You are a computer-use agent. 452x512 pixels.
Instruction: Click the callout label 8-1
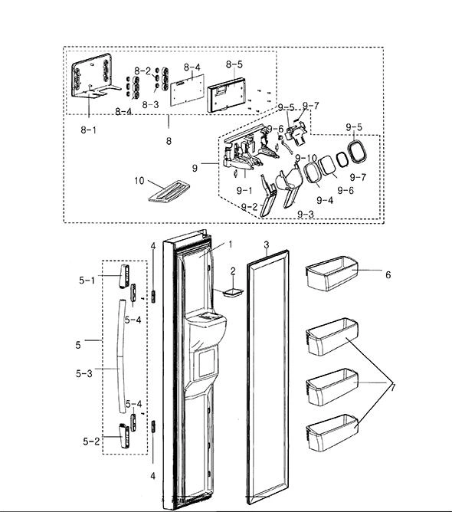88,130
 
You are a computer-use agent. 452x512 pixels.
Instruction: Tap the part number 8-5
234,64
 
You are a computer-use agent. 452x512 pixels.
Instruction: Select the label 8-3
150,104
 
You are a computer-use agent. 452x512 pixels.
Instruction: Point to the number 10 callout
139,181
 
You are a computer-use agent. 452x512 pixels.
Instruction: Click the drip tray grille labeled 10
169,192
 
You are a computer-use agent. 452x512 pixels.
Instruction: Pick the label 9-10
306,159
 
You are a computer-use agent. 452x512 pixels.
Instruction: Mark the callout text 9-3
306,214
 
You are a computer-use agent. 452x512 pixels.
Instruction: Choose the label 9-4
325,200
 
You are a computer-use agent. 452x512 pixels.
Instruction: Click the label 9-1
244,190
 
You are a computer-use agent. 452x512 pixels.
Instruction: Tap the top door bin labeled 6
332,274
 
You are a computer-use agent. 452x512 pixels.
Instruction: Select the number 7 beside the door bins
393,388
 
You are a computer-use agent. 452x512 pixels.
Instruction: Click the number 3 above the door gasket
267,245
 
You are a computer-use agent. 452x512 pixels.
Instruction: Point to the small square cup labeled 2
233,292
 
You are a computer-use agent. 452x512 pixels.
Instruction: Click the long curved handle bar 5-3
121,356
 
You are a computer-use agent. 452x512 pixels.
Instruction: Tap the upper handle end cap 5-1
124,276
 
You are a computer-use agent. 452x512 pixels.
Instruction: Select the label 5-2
91,441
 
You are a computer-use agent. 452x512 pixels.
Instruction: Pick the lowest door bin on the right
332,433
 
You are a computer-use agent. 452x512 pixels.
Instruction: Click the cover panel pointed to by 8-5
226,95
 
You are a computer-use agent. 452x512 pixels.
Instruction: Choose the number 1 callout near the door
230,245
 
